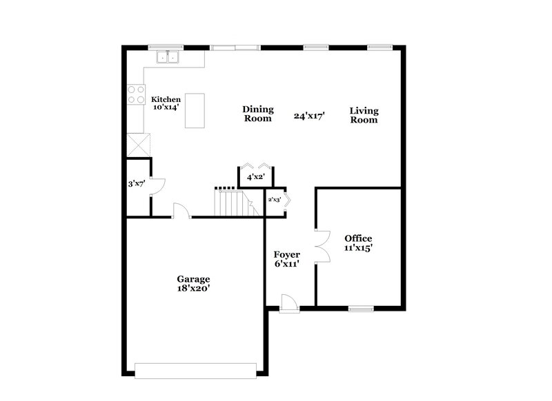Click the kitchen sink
[x=168, y=57]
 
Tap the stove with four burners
[x=135, y=94]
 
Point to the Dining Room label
[x=257, y=114]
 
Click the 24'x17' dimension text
[x=308, y=116]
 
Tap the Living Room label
[x=364, y=115]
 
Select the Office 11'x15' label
[x=358, y=243]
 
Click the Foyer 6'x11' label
[x=286, y=259]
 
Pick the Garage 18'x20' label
[x=193, y=284]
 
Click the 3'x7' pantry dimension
[x=137, y=185]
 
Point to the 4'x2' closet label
[x=256, y=178]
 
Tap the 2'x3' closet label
[x=275, y=200]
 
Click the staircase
[x=235, y=202]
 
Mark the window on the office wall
[x=359, y=308]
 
